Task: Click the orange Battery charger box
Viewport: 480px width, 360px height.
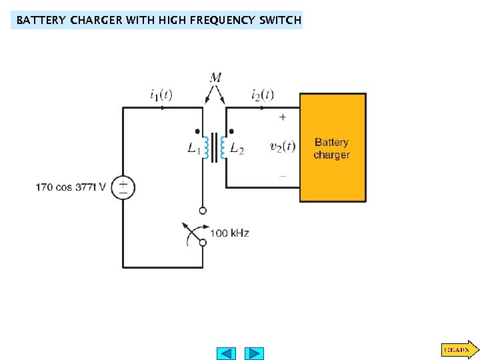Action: (333, 147)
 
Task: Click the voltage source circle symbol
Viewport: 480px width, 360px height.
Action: (123, 187)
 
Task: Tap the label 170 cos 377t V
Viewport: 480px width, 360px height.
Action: (71, 187)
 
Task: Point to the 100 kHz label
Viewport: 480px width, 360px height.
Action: (229, 233)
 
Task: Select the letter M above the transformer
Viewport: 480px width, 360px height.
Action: (215, 78)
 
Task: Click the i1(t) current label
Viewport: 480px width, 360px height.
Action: (161, 95)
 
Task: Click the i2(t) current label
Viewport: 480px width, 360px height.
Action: (263, 95)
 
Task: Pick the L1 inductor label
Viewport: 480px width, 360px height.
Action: (193, 150)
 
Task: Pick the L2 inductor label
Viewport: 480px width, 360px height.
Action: (237, 150)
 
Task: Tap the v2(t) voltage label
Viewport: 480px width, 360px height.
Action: (283, 147)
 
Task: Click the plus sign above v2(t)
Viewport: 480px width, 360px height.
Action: (283, 117)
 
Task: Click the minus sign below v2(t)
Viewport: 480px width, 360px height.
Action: (283, 176)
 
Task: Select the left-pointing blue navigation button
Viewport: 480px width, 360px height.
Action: (227, 353)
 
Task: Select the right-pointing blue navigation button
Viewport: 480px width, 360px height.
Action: (254, 353)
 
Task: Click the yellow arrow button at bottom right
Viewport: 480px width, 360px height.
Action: (459, 349)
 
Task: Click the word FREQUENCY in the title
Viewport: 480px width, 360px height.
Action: (218, 20)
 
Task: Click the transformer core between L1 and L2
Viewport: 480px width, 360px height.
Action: (215, 147)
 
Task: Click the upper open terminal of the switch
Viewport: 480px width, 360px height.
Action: (203, 211)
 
